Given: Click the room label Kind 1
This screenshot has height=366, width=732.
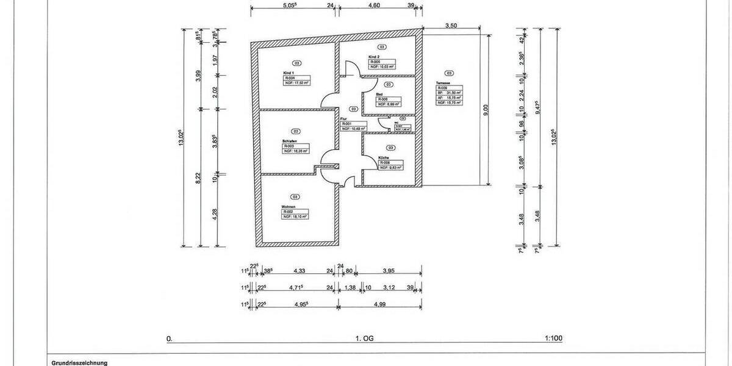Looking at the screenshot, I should (x=289, y=73).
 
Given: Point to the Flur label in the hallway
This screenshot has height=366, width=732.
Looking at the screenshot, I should (x=343, y=118).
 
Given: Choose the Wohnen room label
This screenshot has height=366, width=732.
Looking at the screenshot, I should (x=289, y=207).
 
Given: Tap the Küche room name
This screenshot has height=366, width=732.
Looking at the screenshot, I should (x=383, y=157).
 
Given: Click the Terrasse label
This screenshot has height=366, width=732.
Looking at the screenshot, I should (x=443, y=82).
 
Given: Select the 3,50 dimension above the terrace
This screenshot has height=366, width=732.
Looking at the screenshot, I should (x=451, y=26).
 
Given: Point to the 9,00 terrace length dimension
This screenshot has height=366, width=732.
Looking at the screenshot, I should (x=486, y=109).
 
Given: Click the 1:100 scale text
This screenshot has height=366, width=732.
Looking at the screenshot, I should (x=553, y=337).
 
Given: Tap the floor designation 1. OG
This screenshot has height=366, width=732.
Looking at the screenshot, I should (x=364, y=337).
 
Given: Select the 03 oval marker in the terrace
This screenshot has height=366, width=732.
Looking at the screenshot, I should (x=450, y=73).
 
